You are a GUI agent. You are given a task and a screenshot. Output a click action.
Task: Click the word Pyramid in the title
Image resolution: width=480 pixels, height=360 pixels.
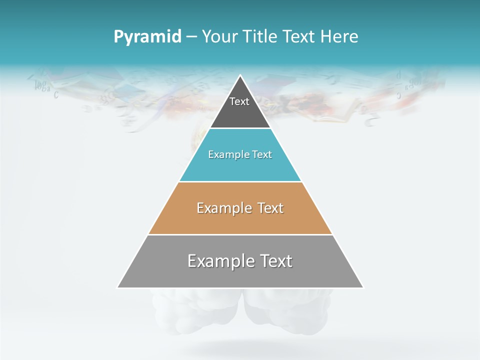tap(147, 37)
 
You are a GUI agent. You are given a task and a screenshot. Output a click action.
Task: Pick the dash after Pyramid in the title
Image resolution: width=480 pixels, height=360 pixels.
tap(191, 37)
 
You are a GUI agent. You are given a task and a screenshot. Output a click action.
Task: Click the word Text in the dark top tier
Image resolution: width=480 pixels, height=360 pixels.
tap(239, 101)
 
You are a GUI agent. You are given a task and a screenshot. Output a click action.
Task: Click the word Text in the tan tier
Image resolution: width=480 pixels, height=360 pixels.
tap(270, 208)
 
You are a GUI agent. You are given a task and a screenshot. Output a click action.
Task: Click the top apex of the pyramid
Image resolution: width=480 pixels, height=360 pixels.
tap(240, 75)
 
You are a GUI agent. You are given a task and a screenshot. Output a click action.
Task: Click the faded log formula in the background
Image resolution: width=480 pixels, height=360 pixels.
tap(43, 86)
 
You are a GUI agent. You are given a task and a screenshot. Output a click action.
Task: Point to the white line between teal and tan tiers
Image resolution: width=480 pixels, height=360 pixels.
tap(240, 181)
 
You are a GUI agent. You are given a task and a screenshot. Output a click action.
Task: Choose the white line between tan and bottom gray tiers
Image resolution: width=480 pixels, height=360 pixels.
tap(240, 234)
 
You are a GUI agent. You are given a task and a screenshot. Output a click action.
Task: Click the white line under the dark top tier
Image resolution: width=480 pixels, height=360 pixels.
tap(240, 128)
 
